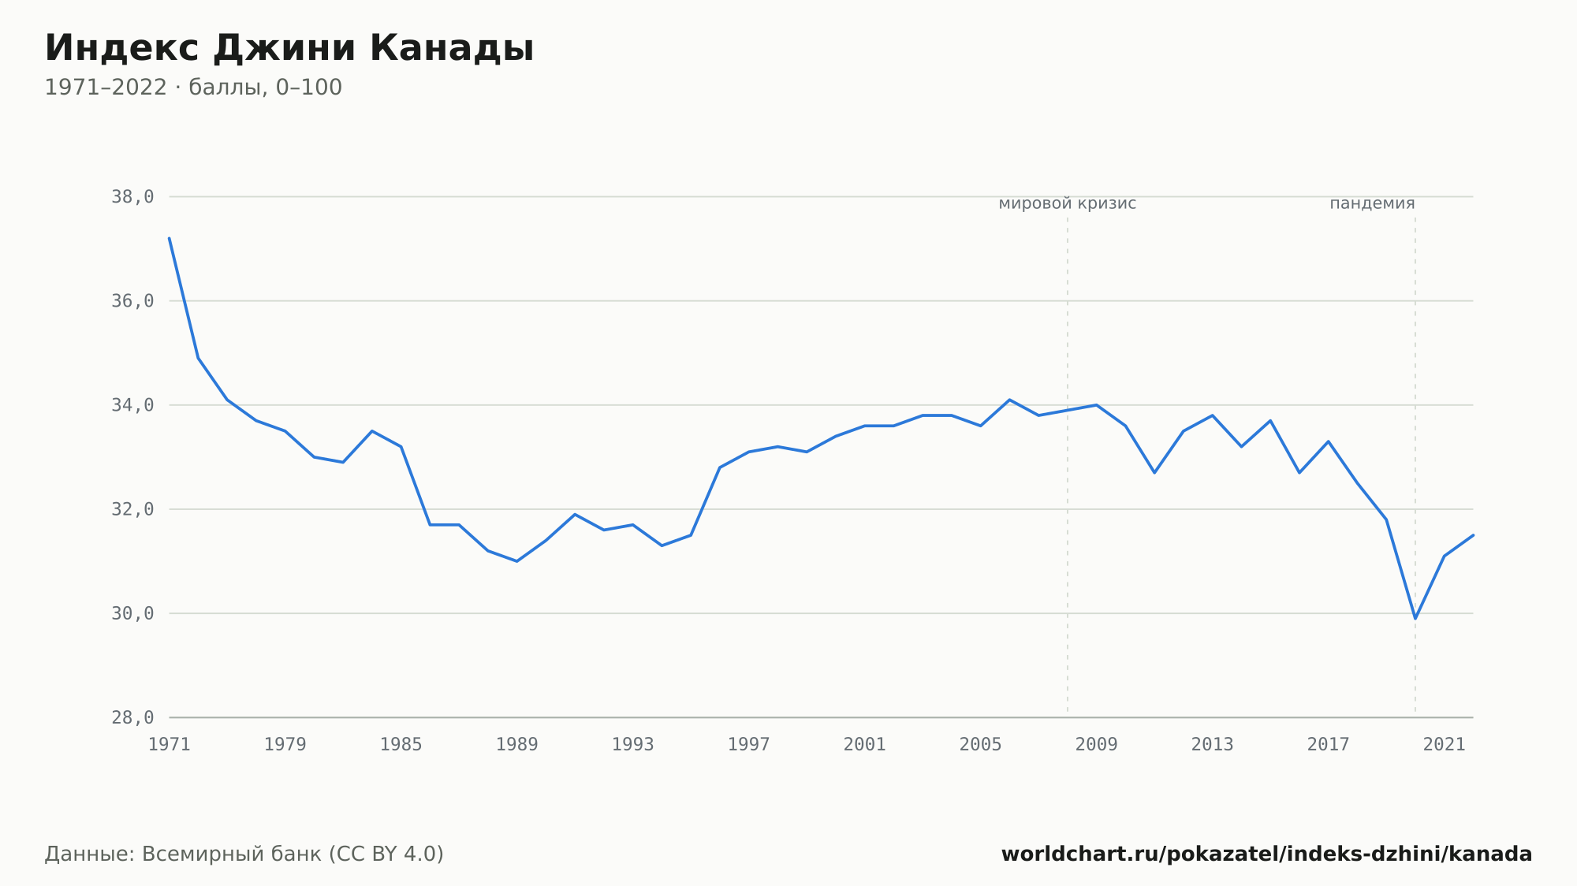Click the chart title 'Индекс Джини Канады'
[x=289, y=49]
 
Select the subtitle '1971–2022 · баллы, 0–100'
[x=193, y=87]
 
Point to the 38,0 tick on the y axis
[x=132, y=197]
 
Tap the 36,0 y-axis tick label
[x=132, y=301]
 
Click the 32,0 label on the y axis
[x=132, y=509]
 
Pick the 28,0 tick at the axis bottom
[x=132, y=717]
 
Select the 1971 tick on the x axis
[x=170, y=744]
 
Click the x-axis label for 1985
[x=401, y=744]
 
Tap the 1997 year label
[x=749, y=744]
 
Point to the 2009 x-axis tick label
[x=1097, y=744]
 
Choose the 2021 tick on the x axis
[x=1445, y=744]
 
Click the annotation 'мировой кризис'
[x=1068, y=203]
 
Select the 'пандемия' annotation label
[x=1372, y=203]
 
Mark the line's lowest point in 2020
[x=1415, y=619]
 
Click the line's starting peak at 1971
[x=170, y=238]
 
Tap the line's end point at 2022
[x=1473, y=535]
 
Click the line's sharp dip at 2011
[x=1154, y=473]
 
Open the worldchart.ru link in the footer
[x=1266, y=854]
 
